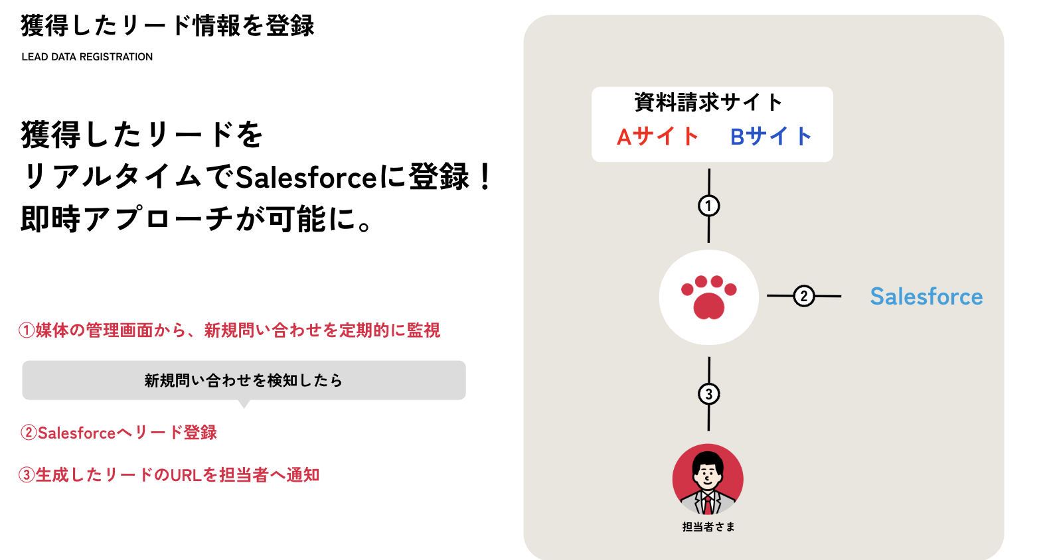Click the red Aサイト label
coord(657,137)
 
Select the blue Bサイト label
coord(771,137)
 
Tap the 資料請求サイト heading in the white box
coord(708,102)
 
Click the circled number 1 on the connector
coord(709,206)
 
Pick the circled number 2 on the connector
coord(804,296)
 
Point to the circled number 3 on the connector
coord(709,394)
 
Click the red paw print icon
coord(709,297)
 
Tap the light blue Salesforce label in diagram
coord(926,296)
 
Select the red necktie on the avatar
coord(707,505)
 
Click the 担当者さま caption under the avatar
coord(708,527)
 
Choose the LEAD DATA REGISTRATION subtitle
coord(87,56)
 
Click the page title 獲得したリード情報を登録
coord(168,25)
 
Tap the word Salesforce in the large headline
coord(306,178)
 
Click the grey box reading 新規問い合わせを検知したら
coord(244,380)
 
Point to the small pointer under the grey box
coord(244,404)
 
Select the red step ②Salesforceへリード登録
coord(118,433)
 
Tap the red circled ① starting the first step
coord(27,330)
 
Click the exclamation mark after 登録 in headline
coord(486,177)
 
